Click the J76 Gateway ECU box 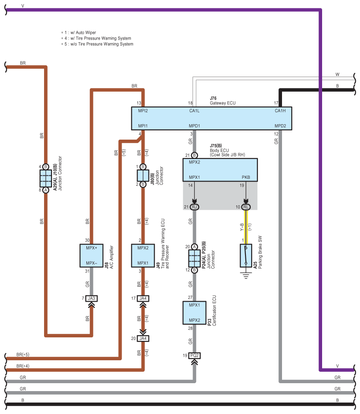pos(212,118)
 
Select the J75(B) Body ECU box pos(220,170)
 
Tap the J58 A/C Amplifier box pos(91,255)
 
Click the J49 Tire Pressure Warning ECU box pos(143,255)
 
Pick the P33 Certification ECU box pos(194,313)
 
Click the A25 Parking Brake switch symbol pos(246,255)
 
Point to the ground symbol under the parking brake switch pos(246,276)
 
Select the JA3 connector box pos(91,298)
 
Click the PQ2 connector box pos(194,356)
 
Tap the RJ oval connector pos(194,207)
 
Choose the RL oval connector pos(246,207)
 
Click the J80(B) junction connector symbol pos(143,176)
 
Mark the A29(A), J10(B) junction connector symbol pos(46,178)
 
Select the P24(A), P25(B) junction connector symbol pos(194,258)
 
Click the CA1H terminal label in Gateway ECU pos(280,111)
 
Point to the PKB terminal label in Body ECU pos(246,177)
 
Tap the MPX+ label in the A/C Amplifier pos(91,248)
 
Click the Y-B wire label pos(242,227)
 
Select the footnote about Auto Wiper pos(78,33)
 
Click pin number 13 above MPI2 pos(139,103)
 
